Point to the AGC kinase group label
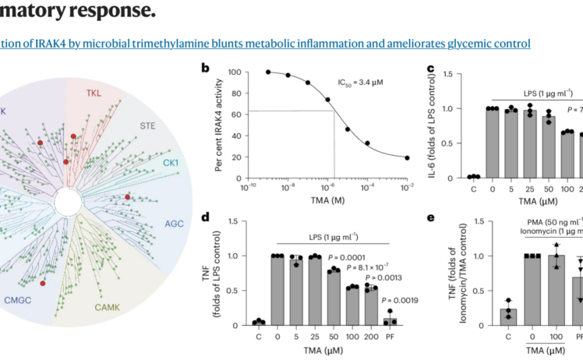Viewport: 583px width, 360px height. (x=175, y=224)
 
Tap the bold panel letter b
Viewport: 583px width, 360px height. (x=206, y=67)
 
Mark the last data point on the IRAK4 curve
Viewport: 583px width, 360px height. (x=406, y=157)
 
